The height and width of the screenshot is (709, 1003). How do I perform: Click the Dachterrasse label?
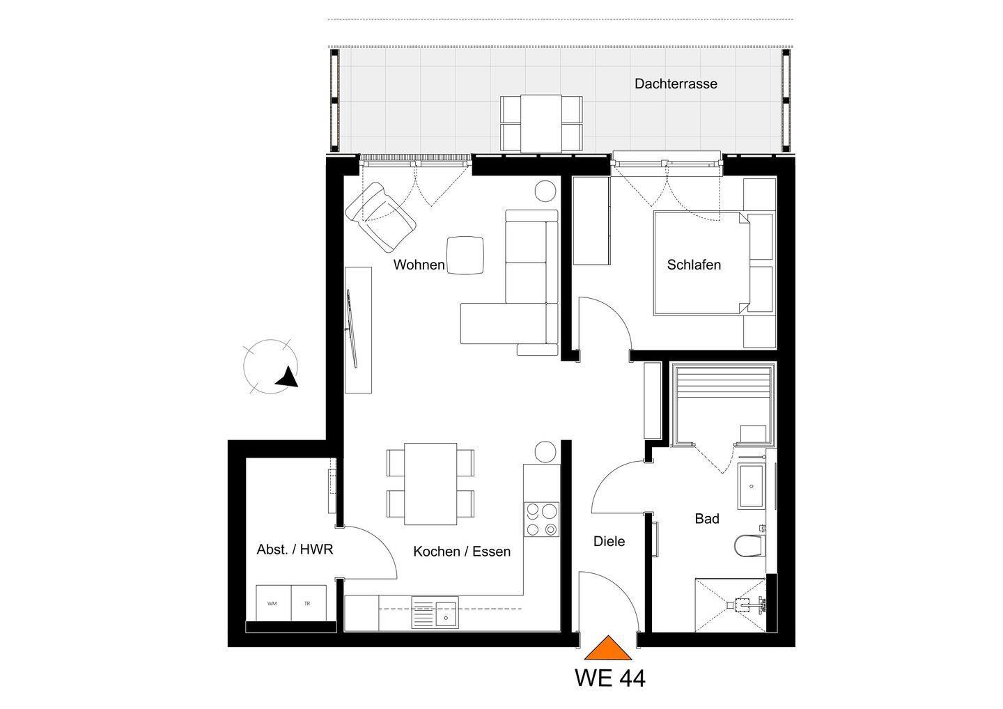(x=676, y=84)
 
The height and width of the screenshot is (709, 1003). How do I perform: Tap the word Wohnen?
(x=419, y=265)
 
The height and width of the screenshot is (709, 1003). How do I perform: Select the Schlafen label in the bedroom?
(x=694, y=265)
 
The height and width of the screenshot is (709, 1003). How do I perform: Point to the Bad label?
(x=707, y=519)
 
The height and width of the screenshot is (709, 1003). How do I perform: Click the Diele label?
(x=609, y=541)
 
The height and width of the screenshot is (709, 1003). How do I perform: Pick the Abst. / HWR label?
(x=295, y=550)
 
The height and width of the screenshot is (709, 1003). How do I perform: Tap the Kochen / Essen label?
(x=462, y=552)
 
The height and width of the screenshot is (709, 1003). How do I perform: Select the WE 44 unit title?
(x=610, y=678)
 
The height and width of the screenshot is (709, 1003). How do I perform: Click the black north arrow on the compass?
(x=288, y=377)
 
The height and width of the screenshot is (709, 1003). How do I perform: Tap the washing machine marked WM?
(x=273, y=603)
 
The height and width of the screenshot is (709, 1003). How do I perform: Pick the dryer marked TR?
(x=309, y=603)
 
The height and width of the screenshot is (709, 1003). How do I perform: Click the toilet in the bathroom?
(x=749, y=545)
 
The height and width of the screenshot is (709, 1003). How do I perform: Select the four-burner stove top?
(x=541, y=520)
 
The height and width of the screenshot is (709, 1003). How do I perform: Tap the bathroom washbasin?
(x=752, y=487)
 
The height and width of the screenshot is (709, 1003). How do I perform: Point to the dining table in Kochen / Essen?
(x=430, y=484)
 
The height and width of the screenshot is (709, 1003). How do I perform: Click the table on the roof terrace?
(x=541, y=123)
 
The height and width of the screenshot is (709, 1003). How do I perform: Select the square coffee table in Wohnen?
(x=465, y=255)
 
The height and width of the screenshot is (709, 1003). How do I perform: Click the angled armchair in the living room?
(x=381, y=217)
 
